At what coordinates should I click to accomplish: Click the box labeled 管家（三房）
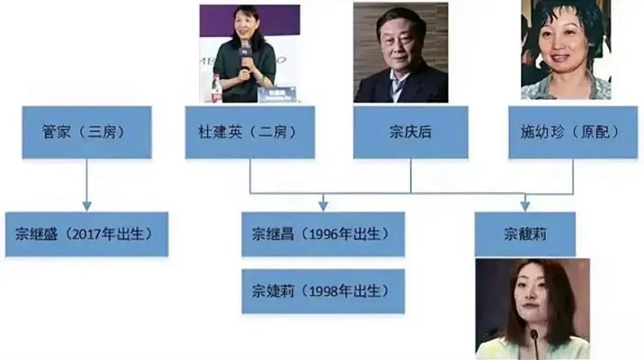tap(87, 132)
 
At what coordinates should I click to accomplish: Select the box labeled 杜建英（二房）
tap(250, 132)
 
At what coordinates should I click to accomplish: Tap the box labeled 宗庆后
tap(411, 132)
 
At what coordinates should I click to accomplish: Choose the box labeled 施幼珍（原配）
tap(573, 132)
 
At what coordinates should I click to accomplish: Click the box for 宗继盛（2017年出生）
tap(87, 235)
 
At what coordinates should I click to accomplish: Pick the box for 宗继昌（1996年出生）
tap(323, 235)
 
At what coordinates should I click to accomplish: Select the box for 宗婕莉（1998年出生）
tap(323, 292)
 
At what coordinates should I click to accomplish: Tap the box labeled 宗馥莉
tap(525, 235)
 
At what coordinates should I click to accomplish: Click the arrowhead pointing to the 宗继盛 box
tap(87, 206)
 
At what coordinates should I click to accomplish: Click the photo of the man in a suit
tap(400, 52)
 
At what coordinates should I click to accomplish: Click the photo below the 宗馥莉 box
tap(533, 309)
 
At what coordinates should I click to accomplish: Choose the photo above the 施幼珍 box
tap(566, 49)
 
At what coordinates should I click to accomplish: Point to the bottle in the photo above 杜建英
tap(217, 88)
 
